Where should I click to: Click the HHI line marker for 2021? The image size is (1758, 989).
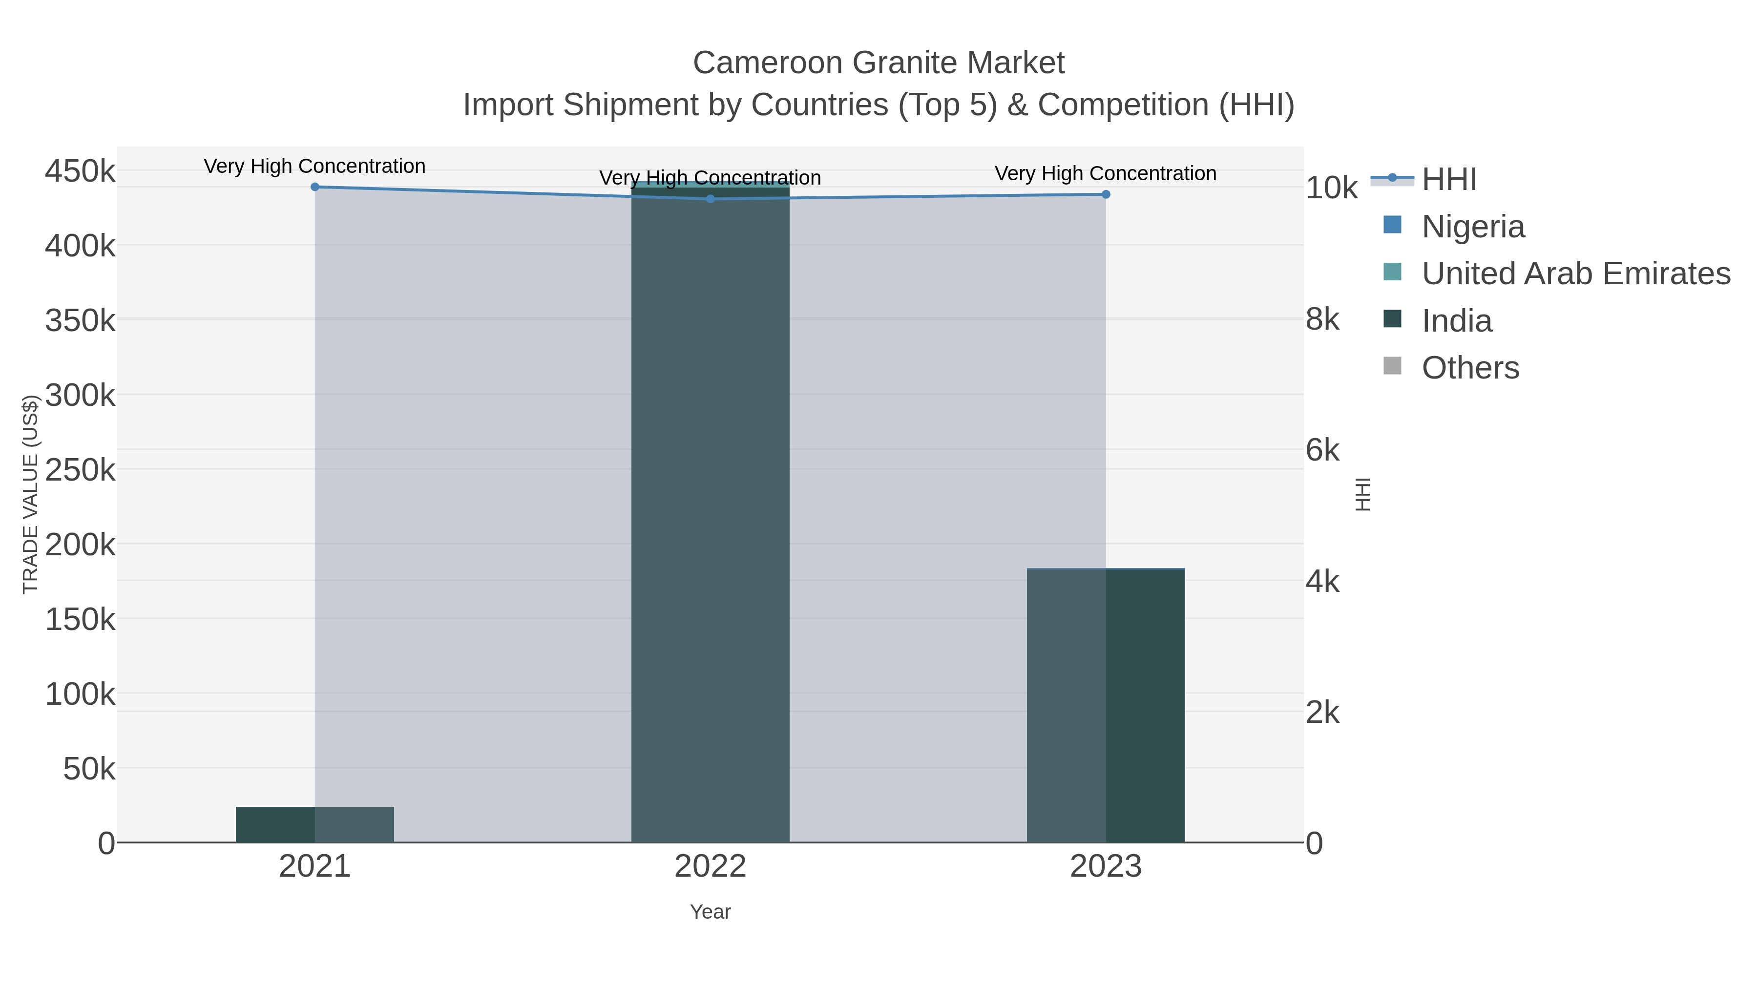(x=314, y=187)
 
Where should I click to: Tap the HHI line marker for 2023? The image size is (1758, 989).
(x=1106, y=194)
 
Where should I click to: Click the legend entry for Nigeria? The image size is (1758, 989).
(x=1473, y=227)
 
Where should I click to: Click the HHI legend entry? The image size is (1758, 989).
(x=1449, y=180)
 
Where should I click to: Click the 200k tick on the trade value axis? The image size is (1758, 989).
(x=80, y=545)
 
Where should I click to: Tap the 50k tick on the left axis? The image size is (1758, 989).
(x=89, y=769)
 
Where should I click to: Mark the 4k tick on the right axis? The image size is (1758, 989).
(x=1322, y=582)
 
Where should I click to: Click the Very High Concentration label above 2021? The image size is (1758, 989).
(x=314, y=167)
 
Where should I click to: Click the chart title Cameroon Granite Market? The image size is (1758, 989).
(x=879, y=63)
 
